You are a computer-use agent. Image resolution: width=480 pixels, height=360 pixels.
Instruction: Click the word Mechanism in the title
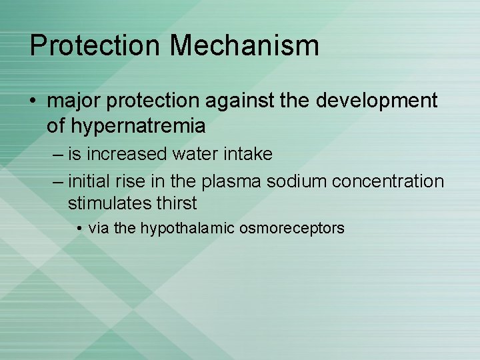coord(244,45)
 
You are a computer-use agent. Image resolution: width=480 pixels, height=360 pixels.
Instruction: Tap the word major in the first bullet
coord(75,101)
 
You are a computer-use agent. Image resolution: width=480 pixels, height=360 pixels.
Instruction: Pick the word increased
coord(128,154)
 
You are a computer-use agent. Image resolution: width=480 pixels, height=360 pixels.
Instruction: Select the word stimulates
coord(103,203)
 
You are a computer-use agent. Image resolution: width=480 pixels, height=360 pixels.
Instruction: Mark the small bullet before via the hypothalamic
coord(79,229)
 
